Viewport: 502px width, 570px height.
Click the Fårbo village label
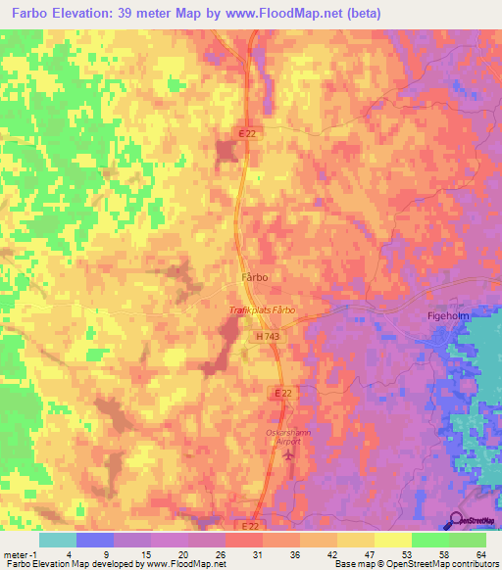click(255, 277)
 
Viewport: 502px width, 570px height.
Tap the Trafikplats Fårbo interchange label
click(262, 310)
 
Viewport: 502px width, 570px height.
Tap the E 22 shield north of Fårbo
click(246, 134)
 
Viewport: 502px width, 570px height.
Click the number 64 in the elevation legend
click(480, 553)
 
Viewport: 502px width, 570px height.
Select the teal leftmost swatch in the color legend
click(57, 540)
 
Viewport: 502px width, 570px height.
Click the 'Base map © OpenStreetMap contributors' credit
click(415, 564)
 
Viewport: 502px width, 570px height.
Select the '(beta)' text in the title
click(361, 15)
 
